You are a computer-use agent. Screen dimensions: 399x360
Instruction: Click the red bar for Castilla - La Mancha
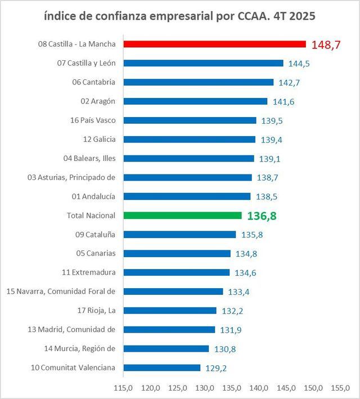click(x=214, y=44)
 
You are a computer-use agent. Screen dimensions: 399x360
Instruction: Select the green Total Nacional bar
click(x=182, y=216)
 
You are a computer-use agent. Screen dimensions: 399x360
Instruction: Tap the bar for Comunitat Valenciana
click(x=161, y=367)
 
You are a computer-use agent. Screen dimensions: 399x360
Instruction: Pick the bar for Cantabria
click(x=198, y=82)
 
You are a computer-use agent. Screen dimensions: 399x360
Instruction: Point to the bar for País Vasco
click(x=190, y=120)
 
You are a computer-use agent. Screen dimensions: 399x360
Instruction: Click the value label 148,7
click(x=326, y=45)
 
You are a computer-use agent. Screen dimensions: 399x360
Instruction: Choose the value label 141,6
click(x=283, y=102)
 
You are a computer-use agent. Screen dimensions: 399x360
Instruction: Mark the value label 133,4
click(x=239, y=292)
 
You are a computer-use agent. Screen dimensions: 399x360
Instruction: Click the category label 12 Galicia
click(x=99, y=139)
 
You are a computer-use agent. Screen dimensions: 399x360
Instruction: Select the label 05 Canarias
click(x=96, y=253)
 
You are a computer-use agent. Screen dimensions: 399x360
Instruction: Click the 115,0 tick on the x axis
click(x=123, y=388)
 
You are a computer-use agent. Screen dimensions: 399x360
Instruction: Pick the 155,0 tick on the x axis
click(x=340, y=388)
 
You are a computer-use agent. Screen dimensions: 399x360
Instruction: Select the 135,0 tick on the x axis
click(x=232, y=388)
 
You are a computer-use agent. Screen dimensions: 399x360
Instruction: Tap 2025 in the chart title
click(x=300, y=16)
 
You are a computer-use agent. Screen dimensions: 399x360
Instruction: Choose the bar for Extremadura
click(x=176, y=272)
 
